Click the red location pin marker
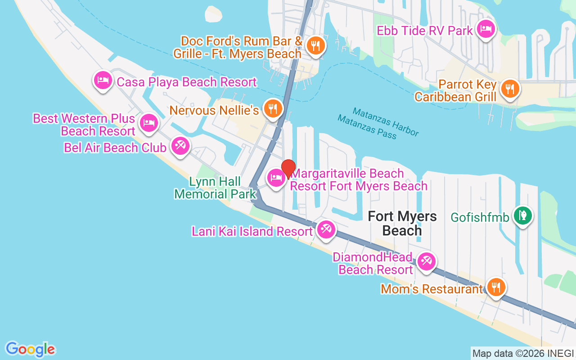[288, 169]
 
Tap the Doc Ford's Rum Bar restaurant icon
[316, 45]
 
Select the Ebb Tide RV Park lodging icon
[486, 30]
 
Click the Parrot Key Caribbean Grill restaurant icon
[510, 88]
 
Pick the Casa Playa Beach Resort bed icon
[103, 81]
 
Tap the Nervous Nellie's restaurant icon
[272, 108]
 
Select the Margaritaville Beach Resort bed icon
[276, 178]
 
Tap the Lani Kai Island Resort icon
[325, 229]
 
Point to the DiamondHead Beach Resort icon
[426, 261]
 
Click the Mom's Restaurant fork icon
[495, 287]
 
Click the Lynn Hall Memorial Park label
[215, 188]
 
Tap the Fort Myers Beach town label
[402, 223]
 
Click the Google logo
[30, 349]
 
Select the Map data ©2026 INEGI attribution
[523, 354]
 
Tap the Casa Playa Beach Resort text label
[186, 82]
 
